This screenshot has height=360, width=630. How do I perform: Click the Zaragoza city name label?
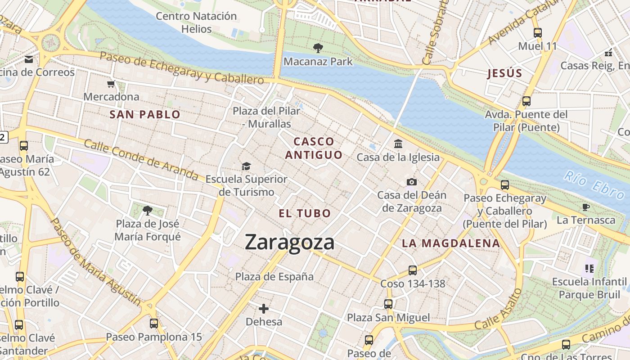tap(290, 242)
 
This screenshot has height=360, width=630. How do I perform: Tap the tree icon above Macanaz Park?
tap(318, 48)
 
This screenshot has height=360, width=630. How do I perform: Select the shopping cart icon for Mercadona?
tap(111, 84)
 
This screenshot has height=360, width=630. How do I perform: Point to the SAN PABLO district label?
tap(145, 114)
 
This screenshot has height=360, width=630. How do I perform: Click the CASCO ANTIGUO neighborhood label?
tap(314, 148)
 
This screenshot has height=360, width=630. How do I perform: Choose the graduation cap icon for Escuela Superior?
tap(246, 166)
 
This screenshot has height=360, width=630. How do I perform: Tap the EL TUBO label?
tap(305, 213)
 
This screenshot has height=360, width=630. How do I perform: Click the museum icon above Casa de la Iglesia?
tap(398, 144)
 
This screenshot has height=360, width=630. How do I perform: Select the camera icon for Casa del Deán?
tap(411, 182)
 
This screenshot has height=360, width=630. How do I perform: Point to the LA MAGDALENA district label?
tap(451, 243)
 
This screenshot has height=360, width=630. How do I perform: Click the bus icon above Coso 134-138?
tap(413, 270)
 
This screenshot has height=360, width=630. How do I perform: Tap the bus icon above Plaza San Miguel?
tap(388, 304)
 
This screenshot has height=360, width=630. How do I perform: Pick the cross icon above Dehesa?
tap(264, 309)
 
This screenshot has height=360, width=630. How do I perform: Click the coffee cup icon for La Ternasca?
tap(585, 207)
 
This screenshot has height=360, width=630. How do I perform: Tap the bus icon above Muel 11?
tap(537, 32)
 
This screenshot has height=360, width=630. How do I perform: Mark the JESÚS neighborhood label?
tap(504, 73)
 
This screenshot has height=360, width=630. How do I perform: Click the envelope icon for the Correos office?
tap(29, 59)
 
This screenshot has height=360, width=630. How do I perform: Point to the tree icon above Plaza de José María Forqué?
tap(147, 210)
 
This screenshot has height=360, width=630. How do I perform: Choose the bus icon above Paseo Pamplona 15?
tap(154, 323)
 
